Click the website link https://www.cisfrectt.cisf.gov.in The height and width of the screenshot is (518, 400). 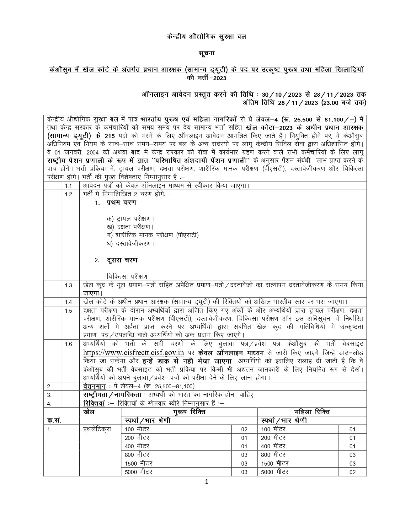coord(133,353)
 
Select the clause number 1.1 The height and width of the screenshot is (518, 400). coord(68,186)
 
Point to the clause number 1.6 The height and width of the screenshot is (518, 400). coord(68,344)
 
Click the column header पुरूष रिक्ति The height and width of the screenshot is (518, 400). coord(189,412)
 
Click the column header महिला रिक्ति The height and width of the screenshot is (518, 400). coord(312,412)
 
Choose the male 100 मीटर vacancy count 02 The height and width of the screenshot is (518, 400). coord(244,429)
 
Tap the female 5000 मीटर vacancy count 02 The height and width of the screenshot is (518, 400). coord(352,472)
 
